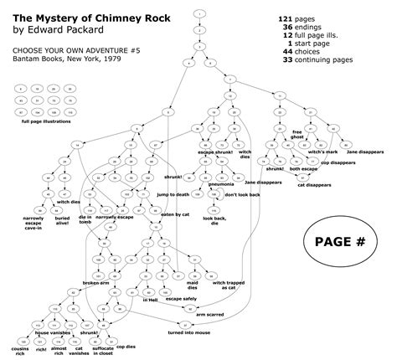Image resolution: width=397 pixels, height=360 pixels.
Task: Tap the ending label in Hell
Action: click(x=151, y=299)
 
